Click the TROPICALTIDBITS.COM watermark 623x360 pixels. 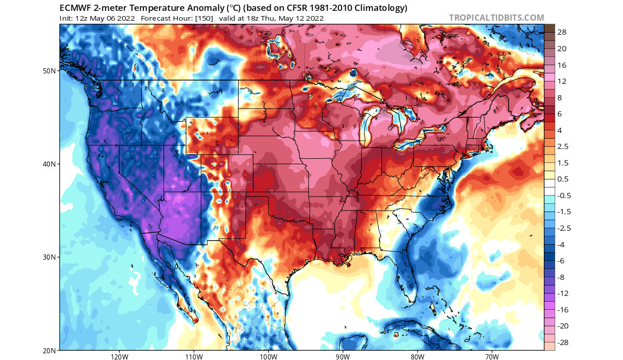(496, 18)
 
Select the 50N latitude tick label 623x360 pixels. (50, 70)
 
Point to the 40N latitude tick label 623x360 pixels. (50, 164)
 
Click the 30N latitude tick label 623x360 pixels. (50, 257)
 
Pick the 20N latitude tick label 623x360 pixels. (50, 350)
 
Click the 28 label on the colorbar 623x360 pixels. (562, 33)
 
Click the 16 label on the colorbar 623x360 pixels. (562, 65)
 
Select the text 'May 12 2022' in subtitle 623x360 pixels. (302, 18)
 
